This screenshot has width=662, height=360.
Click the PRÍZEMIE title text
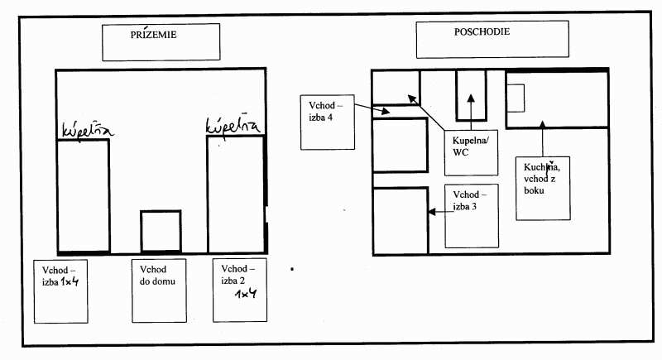pos(153,35)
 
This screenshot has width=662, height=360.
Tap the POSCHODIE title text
pos(482,31)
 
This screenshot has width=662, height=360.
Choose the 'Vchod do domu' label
pos(157,275)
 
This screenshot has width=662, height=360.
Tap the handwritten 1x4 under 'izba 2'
pos(246,293)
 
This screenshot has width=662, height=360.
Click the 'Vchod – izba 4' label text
pos(325,112)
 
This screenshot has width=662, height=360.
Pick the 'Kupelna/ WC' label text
pos(470,146)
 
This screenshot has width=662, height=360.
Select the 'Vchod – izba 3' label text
pos(469,200)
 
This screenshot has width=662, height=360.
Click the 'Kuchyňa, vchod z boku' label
pos(542,178)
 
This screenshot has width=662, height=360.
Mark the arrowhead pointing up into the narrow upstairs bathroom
pos(471,98)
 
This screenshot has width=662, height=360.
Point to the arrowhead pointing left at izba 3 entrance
pos(432,211)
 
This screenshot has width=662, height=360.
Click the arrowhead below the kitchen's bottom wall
pos(543,124)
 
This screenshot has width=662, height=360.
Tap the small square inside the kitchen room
pos(516,98)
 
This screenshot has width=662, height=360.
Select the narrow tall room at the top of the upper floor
pos(471,95)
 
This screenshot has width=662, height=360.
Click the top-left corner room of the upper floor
pos(396,88)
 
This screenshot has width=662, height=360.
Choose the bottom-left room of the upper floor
pos(401,221)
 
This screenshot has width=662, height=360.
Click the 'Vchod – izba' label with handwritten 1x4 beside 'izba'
pos(60,276)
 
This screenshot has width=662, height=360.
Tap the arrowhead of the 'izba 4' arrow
pos(386,112)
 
